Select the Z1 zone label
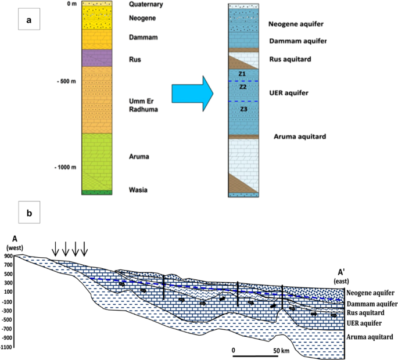[242, 74]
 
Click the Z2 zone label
[243, 87]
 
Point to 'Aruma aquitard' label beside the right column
[298, 136]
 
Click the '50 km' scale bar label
[281, 351]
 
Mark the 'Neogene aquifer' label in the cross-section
[370, 293]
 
